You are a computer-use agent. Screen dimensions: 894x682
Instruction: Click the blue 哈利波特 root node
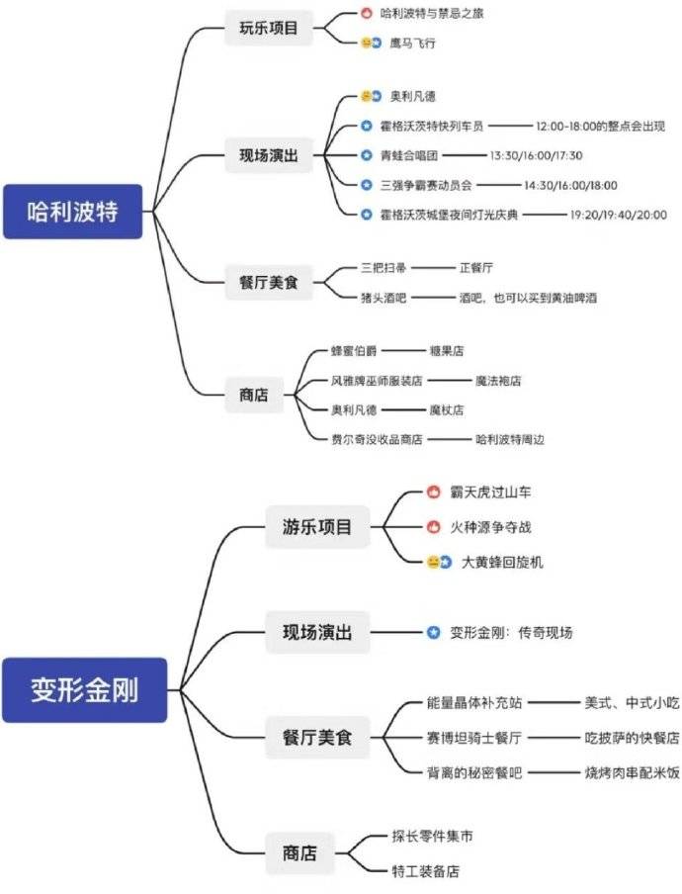click(74, 211)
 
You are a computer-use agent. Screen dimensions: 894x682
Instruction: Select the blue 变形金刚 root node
click(84, 689)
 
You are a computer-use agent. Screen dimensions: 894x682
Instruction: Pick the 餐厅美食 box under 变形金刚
click(317, 737)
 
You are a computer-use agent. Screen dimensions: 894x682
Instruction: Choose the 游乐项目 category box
click(317, 526)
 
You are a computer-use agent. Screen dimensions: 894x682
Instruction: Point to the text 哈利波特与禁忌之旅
click(433, 14)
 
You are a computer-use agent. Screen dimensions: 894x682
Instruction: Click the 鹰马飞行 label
click(412, 44)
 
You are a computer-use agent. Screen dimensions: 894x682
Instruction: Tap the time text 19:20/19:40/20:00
click(618, 214)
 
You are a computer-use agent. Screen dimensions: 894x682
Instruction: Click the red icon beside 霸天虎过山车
click(432, 492)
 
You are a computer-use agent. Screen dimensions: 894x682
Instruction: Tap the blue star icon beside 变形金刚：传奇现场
click(432, 632)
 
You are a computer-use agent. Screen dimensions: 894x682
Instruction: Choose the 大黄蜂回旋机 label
click(502, 562)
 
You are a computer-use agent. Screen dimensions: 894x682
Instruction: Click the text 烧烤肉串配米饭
click(631, 770)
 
